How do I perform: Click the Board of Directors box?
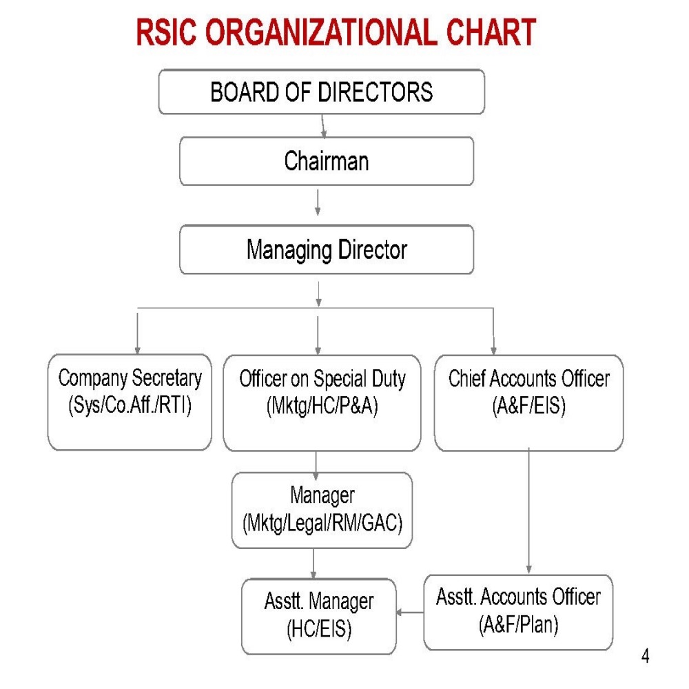(x=322, y=92)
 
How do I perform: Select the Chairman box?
(x=327, y=161)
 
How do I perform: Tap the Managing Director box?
(x=327, y=249)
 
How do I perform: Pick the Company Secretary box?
(x=130, y=402)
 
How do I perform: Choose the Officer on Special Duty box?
(x=322, y=402)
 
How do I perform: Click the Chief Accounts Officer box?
(x=528, y=402)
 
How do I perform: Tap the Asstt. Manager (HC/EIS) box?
(x=318, y=616)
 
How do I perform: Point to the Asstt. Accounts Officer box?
(x=518, y=612)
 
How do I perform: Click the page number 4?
(x=645, y=656)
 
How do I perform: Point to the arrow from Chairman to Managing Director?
(x=318, y=204)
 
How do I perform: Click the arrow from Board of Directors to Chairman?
(x=323, y=125)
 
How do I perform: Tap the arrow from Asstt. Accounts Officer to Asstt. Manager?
(x=410, y=612)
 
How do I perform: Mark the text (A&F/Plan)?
(x=518, y=625)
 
